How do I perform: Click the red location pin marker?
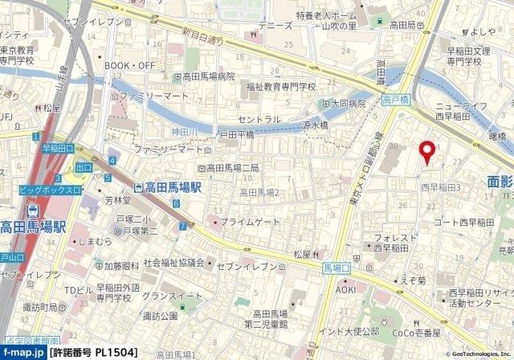(428, 151)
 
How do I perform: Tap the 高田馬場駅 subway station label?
(174, 187)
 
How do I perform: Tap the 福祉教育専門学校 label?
(282, 87)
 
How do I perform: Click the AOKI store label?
(345, 289)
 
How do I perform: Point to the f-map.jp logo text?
(22, 352)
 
